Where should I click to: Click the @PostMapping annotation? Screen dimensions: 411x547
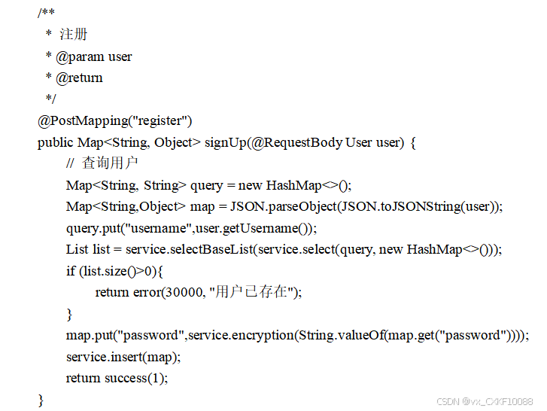click(x=77, y=120)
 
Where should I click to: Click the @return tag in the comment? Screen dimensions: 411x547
click(x=79, y=78)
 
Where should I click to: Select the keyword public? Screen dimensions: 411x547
click(x=56, y=142)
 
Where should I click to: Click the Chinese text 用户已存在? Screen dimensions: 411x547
click(x=251, y=292)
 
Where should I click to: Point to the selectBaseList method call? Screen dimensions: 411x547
click(x=211, y=249)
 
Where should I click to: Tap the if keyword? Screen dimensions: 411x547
click(x=71, y=271)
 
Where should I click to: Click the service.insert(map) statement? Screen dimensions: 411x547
click(x=123, y=357)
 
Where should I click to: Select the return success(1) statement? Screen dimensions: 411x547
click(x=117, y=378)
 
